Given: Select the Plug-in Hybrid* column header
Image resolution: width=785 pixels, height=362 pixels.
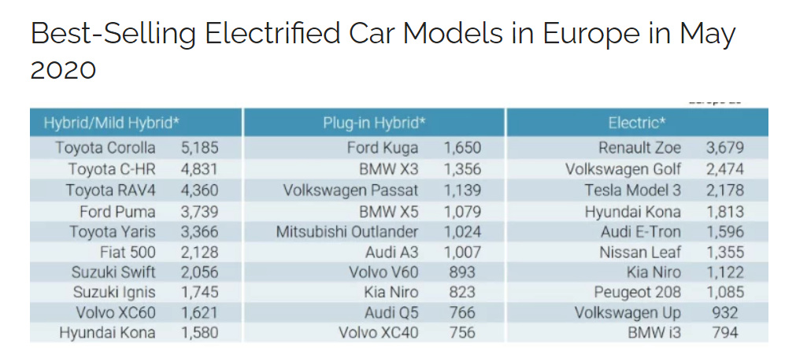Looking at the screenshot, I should (x=374, y=123).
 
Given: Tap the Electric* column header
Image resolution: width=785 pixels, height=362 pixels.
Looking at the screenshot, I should (x=637, y=123).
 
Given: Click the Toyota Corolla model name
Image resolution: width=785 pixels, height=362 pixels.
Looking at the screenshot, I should (x=106, y=148).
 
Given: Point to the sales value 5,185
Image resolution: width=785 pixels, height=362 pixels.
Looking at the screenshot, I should (x=199, y=148).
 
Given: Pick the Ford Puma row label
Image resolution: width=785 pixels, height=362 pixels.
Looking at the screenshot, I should (x=117, y=212).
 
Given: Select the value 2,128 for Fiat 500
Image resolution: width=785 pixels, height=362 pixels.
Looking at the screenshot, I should (x=199, y=253).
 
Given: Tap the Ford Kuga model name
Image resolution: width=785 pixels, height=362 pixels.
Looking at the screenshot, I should (x=383, y=148).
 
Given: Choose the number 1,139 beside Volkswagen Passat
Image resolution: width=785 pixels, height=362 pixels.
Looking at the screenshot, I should (x=462, y=190).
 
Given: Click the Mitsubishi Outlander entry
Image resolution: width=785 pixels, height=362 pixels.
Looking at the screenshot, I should (x=347, y=232).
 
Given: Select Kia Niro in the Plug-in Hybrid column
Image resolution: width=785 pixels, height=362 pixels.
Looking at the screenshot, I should (x=391, y=293).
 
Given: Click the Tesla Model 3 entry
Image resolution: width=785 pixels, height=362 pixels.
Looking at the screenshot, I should (x=633, y=190).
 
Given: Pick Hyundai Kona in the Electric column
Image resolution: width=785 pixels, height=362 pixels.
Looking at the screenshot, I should (x=633, y=212).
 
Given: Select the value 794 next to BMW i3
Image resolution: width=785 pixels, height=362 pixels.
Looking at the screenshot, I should (x=724, y=333).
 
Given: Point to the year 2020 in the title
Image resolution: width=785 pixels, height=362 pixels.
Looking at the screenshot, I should (x=63, y=70).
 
